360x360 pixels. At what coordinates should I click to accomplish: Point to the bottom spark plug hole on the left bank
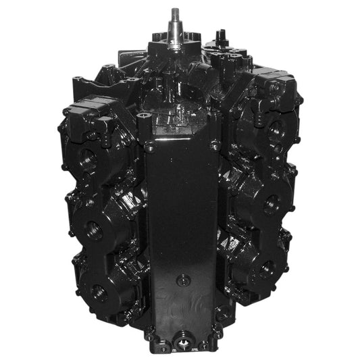(99, 292)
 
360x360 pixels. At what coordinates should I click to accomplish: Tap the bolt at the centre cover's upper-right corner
(214, 144)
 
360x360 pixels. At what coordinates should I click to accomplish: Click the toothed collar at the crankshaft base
(176, 36)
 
